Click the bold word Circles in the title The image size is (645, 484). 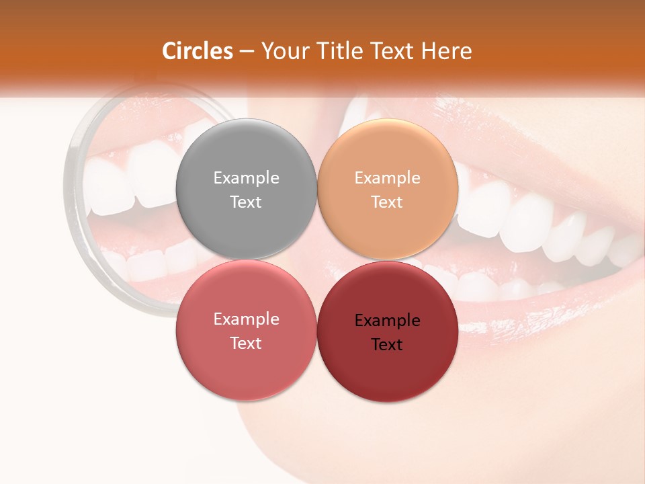point(197,51)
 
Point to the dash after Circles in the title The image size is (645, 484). point(247,52)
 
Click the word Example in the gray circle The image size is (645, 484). point(246,177)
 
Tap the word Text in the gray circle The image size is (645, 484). point(246,202)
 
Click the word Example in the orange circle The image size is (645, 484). point(387,177)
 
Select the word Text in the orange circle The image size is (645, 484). point(387,202)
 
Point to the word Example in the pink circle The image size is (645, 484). point(246,319)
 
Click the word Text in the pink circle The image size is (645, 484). point(246,343)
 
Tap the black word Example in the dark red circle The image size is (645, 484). point(387,320)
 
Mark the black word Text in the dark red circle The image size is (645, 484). point(387,344)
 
